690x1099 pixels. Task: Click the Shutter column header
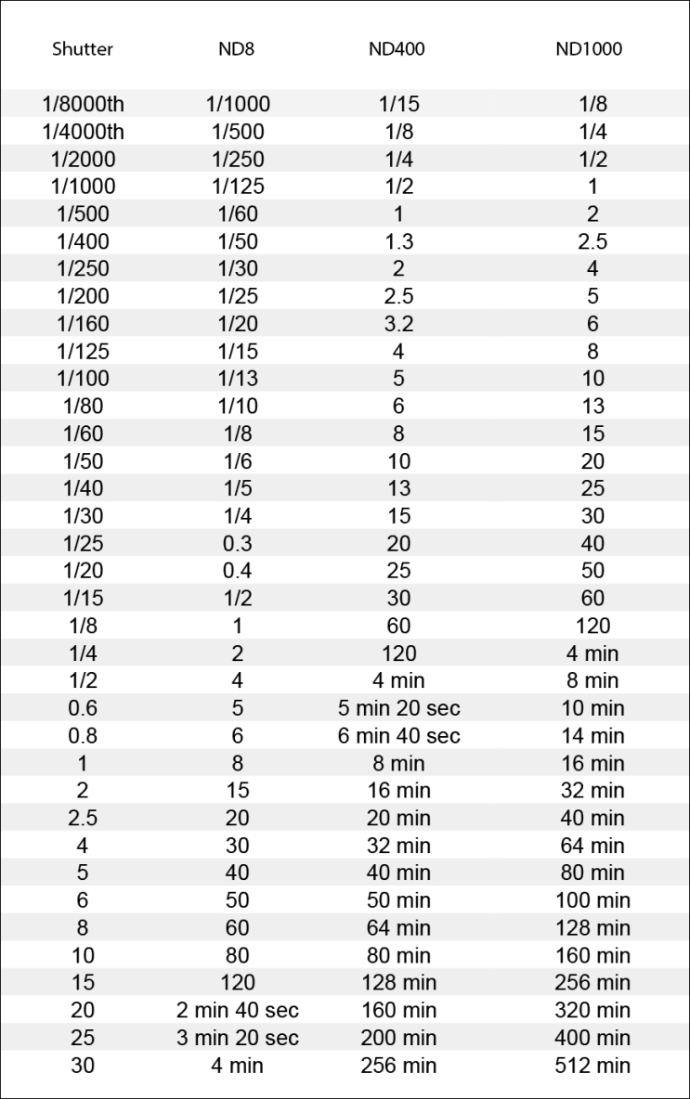click(x=83, y=49)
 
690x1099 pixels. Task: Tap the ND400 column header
click(x=397, y=49)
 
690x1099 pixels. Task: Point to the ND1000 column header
click(x=589, y=49)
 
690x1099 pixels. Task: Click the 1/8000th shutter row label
click(x=83, y=105)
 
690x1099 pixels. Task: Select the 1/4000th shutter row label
click(x=83, y=132)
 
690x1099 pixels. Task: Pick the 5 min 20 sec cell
click(x=398, y=708)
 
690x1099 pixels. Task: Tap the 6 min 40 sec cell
click(x=398, y=736)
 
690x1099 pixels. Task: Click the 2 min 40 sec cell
click(x=238, y=1010)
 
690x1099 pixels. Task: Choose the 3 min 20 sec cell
click(x=238, y=1038)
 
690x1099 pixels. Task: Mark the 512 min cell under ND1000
click(x=592, y=1066)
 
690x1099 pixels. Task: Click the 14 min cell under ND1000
click(x=592, y=736)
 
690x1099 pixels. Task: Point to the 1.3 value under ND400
click(x=398, y=242)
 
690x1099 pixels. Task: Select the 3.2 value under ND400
click(x=398, y=324)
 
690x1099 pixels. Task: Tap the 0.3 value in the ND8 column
click(x=238, y=544)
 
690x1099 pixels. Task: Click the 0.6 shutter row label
click(x=83, y=708)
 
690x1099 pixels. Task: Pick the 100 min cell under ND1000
click(x=592, y=900)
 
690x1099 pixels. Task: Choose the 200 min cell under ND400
click(x=398, y=1038)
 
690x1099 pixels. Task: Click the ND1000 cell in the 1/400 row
click(x=592, y=242)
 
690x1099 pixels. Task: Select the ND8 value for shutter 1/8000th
click(x=238, y=105)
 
